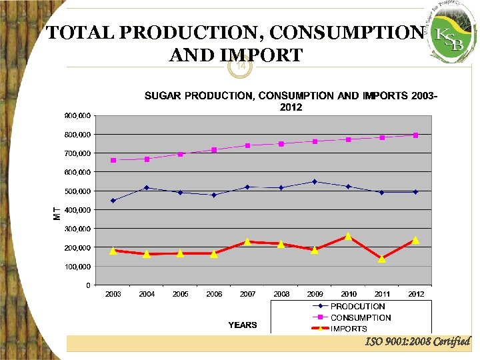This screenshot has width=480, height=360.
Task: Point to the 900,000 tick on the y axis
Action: pos(78,115)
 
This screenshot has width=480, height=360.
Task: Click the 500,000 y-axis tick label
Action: pos(78,191)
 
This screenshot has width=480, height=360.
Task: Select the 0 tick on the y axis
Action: pos(89,285)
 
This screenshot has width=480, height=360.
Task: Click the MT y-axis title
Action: pos(57,213)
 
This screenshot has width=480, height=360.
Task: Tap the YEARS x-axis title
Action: pos(243,325)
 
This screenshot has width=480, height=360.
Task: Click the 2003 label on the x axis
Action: pos(113,294)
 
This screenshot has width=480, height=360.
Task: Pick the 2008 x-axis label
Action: pos(281,294)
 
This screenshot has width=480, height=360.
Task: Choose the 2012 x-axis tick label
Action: pos(415,294)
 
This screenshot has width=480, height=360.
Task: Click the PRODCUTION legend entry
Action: pos(357,307)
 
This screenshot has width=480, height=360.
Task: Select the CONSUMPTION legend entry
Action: pos(361,318)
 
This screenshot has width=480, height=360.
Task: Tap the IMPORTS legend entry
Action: pos(349,329)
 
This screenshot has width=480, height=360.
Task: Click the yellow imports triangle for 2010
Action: pos(348,236)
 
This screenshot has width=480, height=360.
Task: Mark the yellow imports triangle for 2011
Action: pos(382,259)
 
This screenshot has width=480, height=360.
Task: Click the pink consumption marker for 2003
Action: pos(113,160)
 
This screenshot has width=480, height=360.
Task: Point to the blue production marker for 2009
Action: pos(315,181)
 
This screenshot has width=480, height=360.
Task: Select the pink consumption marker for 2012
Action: pos(415,135)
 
